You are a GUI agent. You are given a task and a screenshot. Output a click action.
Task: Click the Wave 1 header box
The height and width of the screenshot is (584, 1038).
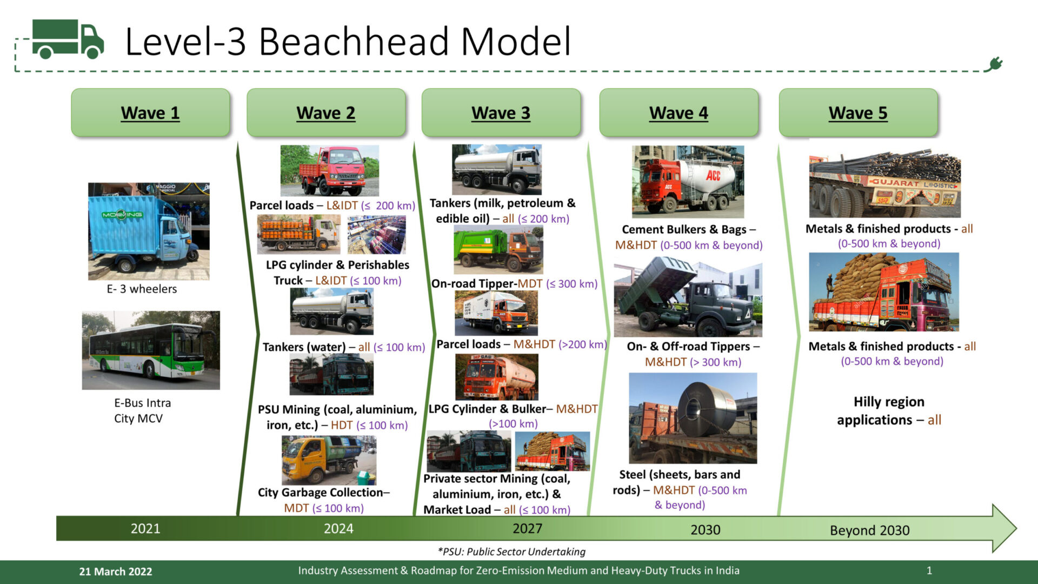point(150,112)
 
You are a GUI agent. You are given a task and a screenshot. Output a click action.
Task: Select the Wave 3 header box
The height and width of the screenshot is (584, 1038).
point(501,112)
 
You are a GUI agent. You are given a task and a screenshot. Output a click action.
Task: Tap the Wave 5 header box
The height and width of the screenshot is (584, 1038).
point(858,112)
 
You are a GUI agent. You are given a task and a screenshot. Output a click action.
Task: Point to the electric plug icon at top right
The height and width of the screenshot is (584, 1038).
point(994,65)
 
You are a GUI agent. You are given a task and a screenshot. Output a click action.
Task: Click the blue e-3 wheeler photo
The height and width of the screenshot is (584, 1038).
point(149,231)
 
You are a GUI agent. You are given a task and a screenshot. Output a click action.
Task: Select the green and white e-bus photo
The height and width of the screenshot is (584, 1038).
point(151,350)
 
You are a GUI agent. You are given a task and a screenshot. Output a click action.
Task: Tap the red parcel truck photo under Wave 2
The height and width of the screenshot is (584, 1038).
point(329,170)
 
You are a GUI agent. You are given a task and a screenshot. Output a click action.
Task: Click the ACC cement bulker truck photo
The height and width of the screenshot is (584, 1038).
point(688,181)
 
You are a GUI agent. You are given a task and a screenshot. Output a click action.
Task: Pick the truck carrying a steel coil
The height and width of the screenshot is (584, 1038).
point(693,418)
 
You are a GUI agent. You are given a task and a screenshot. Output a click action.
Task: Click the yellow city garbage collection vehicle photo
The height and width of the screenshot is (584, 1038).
point(329,460)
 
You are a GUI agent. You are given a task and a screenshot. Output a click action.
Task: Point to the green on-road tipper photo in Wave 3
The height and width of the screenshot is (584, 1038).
point(498,250)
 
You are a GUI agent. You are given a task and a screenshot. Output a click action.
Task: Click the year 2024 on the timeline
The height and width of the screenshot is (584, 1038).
point(338,528)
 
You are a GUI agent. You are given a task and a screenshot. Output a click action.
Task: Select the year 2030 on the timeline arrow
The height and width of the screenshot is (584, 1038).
point(705,529)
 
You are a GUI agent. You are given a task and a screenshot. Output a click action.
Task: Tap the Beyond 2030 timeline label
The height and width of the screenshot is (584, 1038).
point(869,530)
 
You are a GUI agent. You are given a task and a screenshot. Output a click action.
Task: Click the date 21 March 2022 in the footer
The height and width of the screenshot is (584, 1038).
point(116,572)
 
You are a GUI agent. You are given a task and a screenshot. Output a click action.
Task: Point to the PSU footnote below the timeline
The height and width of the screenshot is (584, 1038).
point(511,552)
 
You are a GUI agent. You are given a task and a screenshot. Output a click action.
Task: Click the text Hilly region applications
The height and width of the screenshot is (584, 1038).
point(889,410)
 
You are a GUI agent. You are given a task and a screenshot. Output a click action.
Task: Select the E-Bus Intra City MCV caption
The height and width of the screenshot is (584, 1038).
point(142,410)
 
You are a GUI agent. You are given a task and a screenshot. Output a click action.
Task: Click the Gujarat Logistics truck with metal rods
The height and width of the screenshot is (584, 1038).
point(884,184)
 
